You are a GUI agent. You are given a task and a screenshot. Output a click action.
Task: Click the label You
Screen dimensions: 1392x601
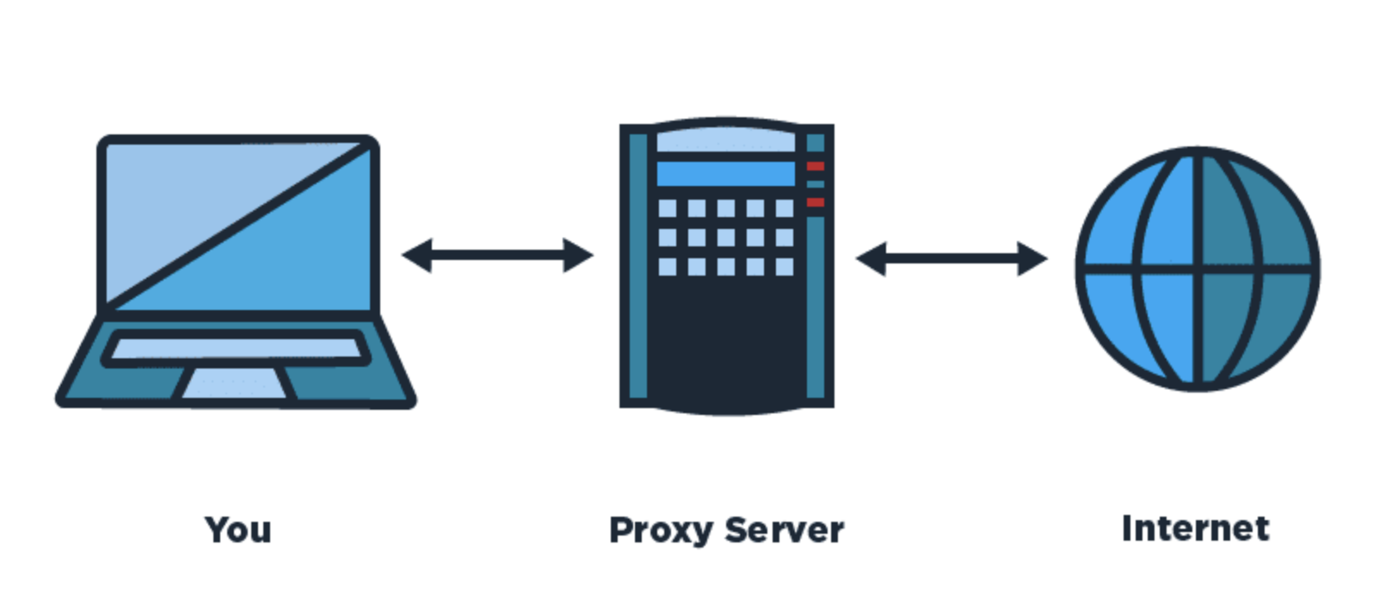click(x=238, y=530)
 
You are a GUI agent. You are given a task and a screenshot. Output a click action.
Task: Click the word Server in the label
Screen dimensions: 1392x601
click(x=785, y=530)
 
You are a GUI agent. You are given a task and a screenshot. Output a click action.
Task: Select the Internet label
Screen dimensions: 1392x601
click(x=1196, y=529)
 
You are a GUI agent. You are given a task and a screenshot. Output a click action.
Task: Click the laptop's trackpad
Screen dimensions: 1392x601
click(x=234, y=384)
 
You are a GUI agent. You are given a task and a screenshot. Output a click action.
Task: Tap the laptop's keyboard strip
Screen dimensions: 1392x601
click(x=235, y=349)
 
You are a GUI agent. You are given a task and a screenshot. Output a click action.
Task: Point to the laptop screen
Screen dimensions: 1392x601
click(x=238, y=226)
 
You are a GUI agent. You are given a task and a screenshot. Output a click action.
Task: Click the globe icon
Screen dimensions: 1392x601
click(x=1198, y=269)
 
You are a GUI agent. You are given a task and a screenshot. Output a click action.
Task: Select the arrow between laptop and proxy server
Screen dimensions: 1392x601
click(x=497, y=255)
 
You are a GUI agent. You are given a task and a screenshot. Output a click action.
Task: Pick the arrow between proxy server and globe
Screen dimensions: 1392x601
click(x=952, y=258)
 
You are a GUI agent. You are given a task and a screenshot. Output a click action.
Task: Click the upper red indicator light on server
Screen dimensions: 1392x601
click(x=816, y=166)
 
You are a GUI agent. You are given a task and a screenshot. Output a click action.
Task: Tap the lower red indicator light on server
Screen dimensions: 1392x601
click(x=816, y=202)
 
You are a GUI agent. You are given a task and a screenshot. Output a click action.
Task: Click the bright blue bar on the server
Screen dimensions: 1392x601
click(x=726, y=174)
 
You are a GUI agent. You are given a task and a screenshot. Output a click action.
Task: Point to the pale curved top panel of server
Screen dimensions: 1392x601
click(x=726, y=140)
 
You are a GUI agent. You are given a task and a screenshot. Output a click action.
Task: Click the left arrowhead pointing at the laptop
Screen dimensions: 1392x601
click(x=416, y=255)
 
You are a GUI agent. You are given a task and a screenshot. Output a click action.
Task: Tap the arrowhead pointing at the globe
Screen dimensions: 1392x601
click(x=1032, y=258)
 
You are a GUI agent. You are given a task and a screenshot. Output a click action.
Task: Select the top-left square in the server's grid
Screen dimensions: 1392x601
click(x=668, y=208)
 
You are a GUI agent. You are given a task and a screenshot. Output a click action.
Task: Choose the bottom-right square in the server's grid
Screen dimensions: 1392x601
click(x=785, y=267)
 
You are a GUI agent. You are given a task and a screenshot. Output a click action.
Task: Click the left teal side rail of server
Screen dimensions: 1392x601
click(x=638, y=265)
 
